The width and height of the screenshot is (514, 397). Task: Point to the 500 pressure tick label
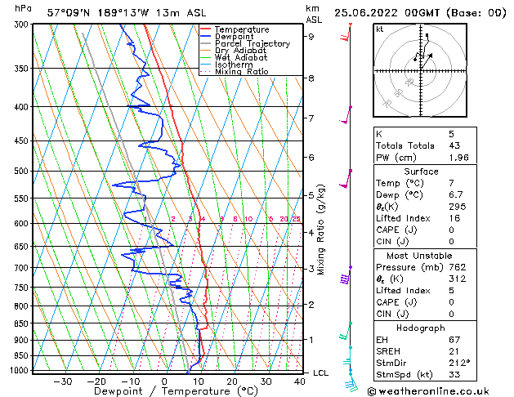click(x=18, y=172)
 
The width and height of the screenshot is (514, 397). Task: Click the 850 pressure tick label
click(x=18, y=323)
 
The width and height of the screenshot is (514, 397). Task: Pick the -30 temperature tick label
click(x=62, y=381)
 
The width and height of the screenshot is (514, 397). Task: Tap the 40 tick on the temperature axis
click(x=301, y=381)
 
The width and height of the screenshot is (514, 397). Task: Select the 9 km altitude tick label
click(x=311, y=37)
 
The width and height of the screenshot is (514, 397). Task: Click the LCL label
click(x=322, y=372)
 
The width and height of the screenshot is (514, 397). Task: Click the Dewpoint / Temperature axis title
click(x=164, y=392)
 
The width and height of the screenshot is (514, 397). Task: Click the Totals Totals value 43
click(x=452, y=145)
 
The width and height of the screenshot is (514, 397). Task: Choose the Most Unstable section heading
click(x=421, y=255)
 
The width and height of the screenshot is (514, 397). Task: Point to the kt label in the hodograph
click(x=379, y=29)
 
